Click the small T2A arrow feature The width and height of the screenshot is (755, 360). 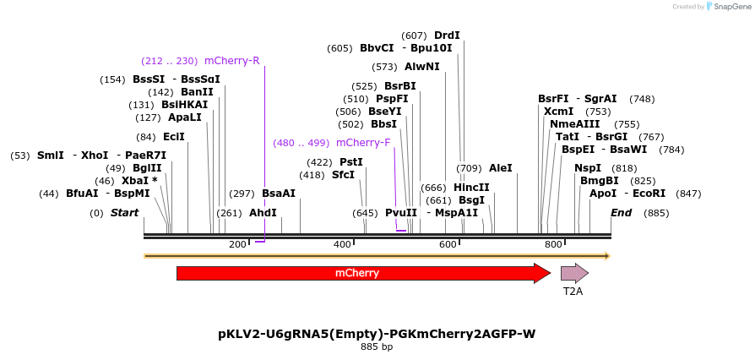(574, 273)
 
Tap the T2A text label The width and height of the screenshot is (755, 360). (573, 292)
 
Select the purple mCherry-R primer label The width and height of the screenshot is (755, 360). (231, 61)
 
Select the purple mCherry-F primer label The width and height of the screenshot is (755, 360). (363, 143)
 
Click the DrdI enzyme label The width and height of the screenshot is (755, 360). (447, 35)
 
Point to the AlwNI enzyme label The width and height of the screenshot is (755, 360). (422, 67)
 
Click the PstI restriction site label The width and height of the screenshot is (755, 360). (350, 162)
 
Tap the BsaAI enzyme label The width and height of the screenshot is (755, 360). (279, 194)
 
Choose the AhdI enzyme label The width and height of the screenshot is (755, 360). (263, 213)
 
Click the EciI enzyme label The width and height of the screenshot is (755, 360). (174, 137)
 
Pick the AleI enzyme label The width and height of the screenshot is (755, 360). (501, 168)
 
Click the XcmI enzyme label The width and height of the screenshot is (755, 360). (558, 112)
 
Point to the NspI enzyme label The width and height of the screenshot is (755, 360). (588, 168)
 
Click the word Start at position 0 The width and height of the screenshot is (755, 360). (125, 213)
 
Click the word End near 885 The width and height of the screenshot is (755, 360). (621, 213)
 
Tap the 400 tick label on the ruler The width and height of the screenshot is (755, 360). (343, 244)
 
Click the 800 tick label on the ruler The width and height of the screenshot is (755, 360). (553, 244)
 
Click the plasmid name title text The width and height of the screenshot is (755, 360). (377, 334)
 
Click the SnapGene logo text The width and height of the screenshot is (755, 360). (731, 7)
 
